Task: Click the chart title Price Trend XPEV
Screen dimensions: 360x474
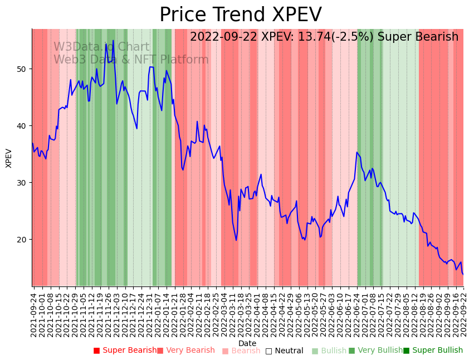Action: click(241, 15)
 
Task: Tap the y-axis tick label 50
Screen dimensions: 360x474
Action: click(22, 69)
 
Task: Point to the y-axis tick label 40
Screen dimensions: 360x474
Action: click(22, 126)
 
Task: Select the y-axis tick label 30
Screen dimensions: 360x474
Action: click(22, 183)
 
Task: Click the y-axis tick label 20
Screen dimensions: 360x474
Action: click(22, 240)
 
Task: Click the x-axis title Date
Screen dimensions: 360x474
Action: click(247, 344)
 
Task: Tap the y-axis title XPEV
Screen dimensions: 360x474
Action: click(9, 158)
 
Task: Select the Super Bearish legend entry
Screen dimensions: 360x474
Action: click(125, 351)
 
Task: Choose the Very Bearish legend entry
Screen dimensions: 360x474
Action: click(185, 351)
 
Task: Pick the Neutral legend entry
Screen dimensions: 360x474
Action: click(285, 351)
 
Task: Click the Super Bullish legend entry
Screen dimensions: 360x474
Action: click(433, 351)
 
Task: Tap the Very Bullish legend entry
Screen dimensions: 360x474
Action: click(375, 351)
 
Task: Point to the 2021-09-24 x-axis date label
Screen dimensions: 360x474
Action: click(34, 312)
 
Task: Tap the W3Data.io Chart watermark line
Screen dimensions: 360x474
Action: click(101, 47)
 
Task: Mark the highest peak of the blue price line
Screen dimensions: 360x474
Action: click(113, 41)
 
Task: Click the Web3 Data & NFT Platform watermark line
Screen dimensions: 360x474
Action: click(131, 60)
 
